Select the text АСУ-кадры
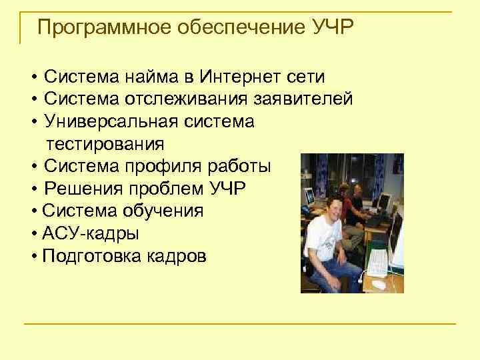[81, 233]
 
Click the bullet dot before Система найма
[33, 77]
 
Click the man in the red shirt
[356, 200]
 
